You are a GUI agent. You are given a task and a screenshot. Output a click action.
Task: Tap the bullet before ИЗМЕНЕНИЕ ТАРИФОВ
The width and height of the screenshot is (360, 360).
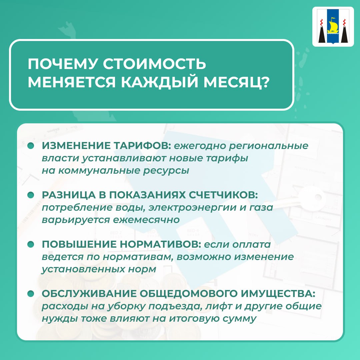point(31,146)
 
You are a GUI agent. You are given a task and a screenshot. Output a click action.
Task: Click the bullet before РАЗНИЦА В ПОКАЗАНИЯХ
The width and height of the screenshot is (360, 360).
point(31,195)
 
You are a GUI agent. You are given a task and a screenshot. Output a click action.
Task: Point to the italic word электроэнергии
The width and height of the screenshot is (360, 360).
point(192,208)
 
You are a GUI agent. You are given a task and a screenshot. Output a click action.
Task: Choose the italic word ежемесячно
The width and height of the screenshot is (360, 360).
point(146,220)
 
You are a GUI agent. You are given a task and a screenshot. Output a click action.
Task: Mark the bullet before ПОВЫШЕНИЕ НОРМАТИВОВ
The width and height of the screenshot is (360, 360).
point(31,244)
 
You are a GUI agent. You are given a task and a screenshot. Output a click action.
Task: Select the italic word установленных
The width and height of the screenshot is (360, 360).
point(83,269)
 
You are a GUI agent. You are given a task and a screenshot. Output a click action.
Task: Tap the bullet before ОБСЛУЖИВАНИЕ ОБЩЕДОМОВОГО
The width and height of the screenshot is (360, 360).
point(31,294)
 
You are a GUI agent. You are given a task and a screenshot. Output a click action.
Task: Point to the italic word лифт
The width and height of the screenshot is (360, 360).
point(218,307)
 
